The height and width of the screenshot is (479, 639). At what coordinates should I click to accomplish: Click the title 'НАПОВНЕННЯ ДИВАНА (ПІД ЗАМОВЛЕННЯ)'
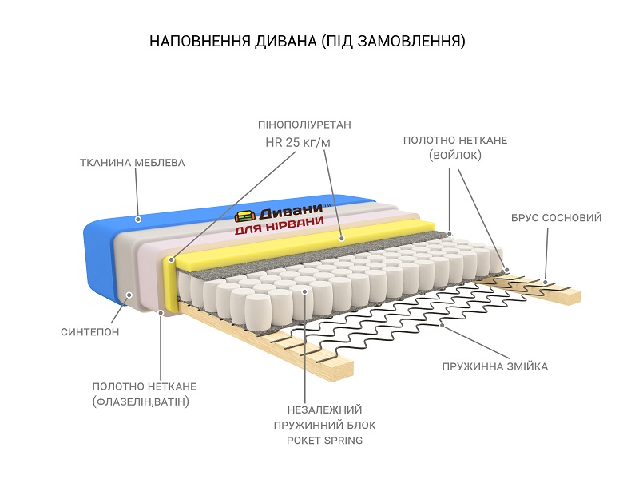tap(308, 41)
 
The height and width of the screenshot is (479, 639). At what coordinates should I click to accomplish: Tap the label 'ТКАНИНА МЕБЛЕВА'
tap(132, 163)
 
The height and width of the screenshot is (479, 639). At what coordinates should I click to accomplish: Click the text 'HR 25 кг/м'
tap(298, 143)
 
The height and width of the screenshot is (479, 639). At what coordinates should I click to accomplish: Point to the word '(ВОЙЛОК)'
tap(455, 156)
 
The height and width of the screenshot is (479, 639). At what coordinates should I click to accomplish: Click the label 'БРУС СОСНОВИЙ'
tap(556, 217)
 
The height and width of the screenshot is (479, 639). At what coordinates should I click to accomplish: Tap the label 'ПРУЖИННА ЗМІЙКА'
tap(495, 366)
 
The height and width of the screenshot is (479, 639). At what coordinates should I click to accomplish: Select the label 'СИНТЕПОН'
tap(89, 331)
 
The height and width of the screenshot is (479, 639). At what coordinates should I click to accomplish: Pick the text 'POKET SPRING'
tap(324, 440)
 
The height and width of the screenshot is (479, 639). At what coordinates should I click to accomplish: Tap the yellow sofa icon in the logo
tap(244, 216)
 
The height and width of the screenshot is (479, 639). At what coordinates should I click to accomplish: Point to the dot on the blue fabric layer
tap(138, 218)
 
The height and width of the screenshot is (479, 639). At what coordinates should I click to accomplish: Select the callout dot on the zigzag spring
tap(442, 325)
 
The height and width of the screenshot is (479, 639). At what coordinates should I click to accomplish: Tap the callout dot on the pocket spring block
tap(305, 291)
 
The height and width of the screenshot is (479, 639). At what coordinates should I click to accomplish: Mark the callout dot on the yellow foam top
tap(341, 238)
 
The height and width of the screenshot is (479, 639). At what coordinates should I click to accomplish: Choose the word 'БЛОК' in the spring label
tap(359, 424)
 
